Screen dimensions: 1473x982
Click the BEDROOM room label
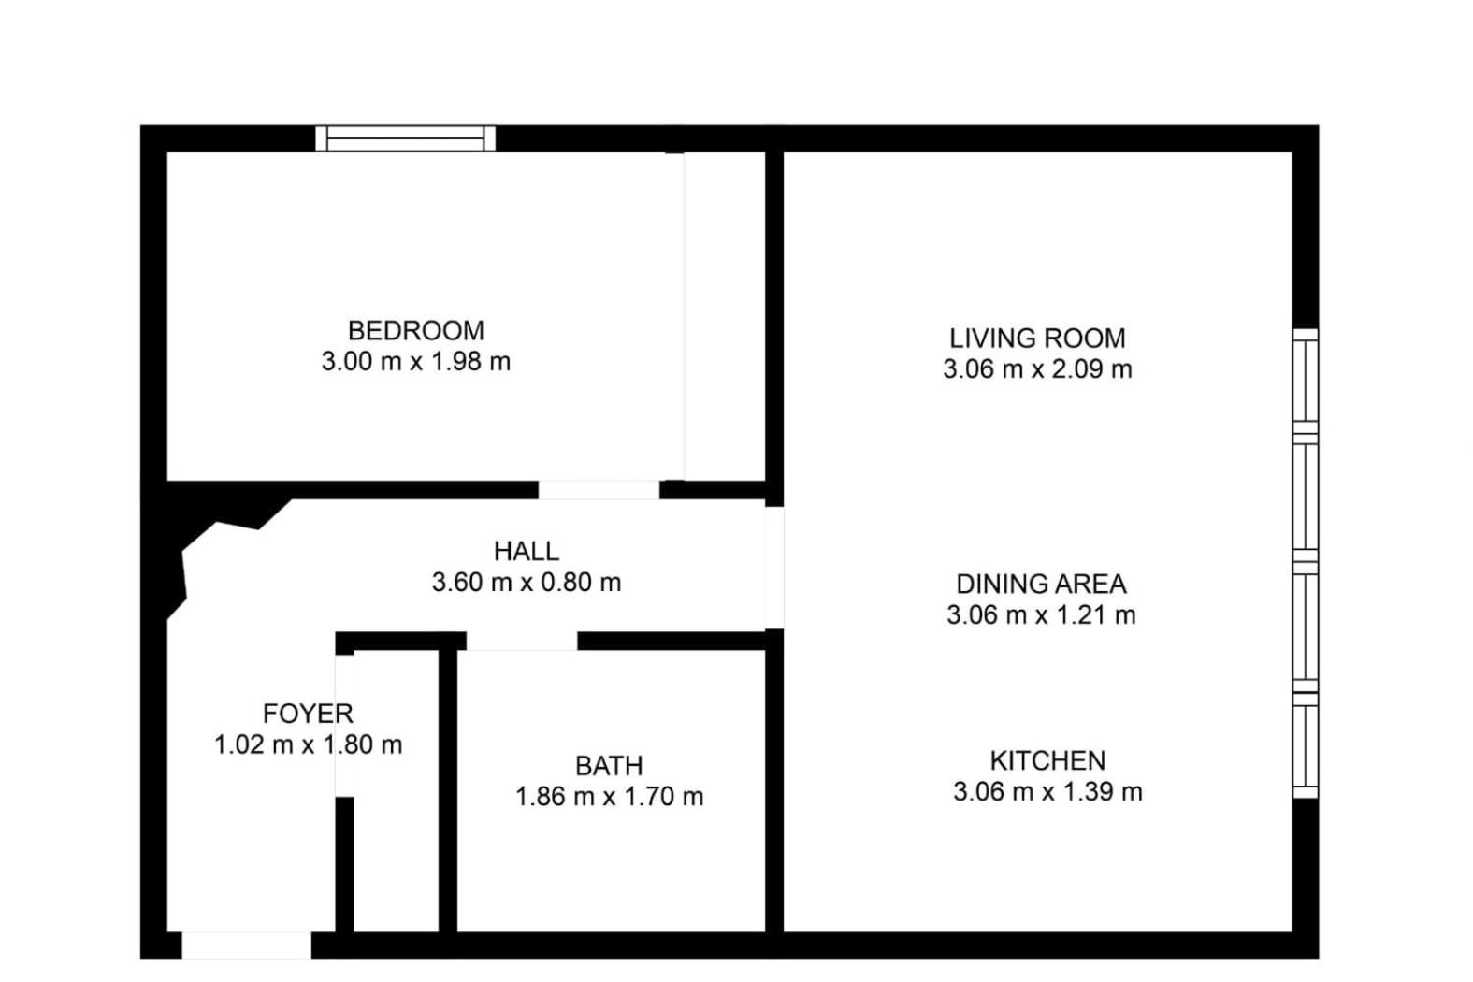[415, 330]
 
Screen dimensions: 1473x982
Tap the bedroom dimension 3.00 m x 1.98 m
[415, 361]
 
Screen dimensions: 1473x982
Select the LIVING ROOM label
[1037, 338]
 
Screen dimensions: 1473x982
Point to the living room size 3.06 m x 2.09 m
[1037, 369]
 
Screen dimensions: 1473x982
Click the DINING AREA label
[1041, 585]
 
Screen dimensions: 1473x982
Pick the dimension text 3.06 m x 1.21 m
[1041, 615]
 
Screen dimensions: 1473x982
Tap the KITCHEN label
[1047, 760]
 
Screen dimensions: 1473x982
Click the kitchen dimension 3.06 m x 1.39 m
[1047, 791]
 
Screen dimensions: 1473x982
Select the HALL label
[526, 551]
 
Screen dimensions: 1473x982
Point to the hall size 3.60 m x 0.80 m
[526, 582]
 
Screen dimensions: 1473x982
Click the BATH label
[609, 766]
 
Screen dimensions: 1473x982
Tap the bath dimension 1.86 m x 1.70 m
[609, 797]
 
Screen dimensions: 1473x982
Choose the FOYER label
[308, 713]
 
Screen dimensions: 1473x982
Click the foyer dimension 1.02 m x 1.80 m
[308, 744]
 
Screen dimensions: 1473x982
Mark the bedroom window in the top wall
[405, 138]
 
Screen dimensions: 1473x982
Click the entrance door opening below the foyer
[247, 945]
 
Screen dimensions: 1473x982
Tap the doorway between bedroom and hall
[599, 490]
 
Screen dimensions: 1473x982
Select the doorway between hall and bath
[522, 642]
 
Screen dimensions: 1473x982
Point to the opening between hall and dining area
[774, 568]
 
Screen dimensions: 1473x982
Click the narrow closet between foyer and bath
[396, 790]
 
